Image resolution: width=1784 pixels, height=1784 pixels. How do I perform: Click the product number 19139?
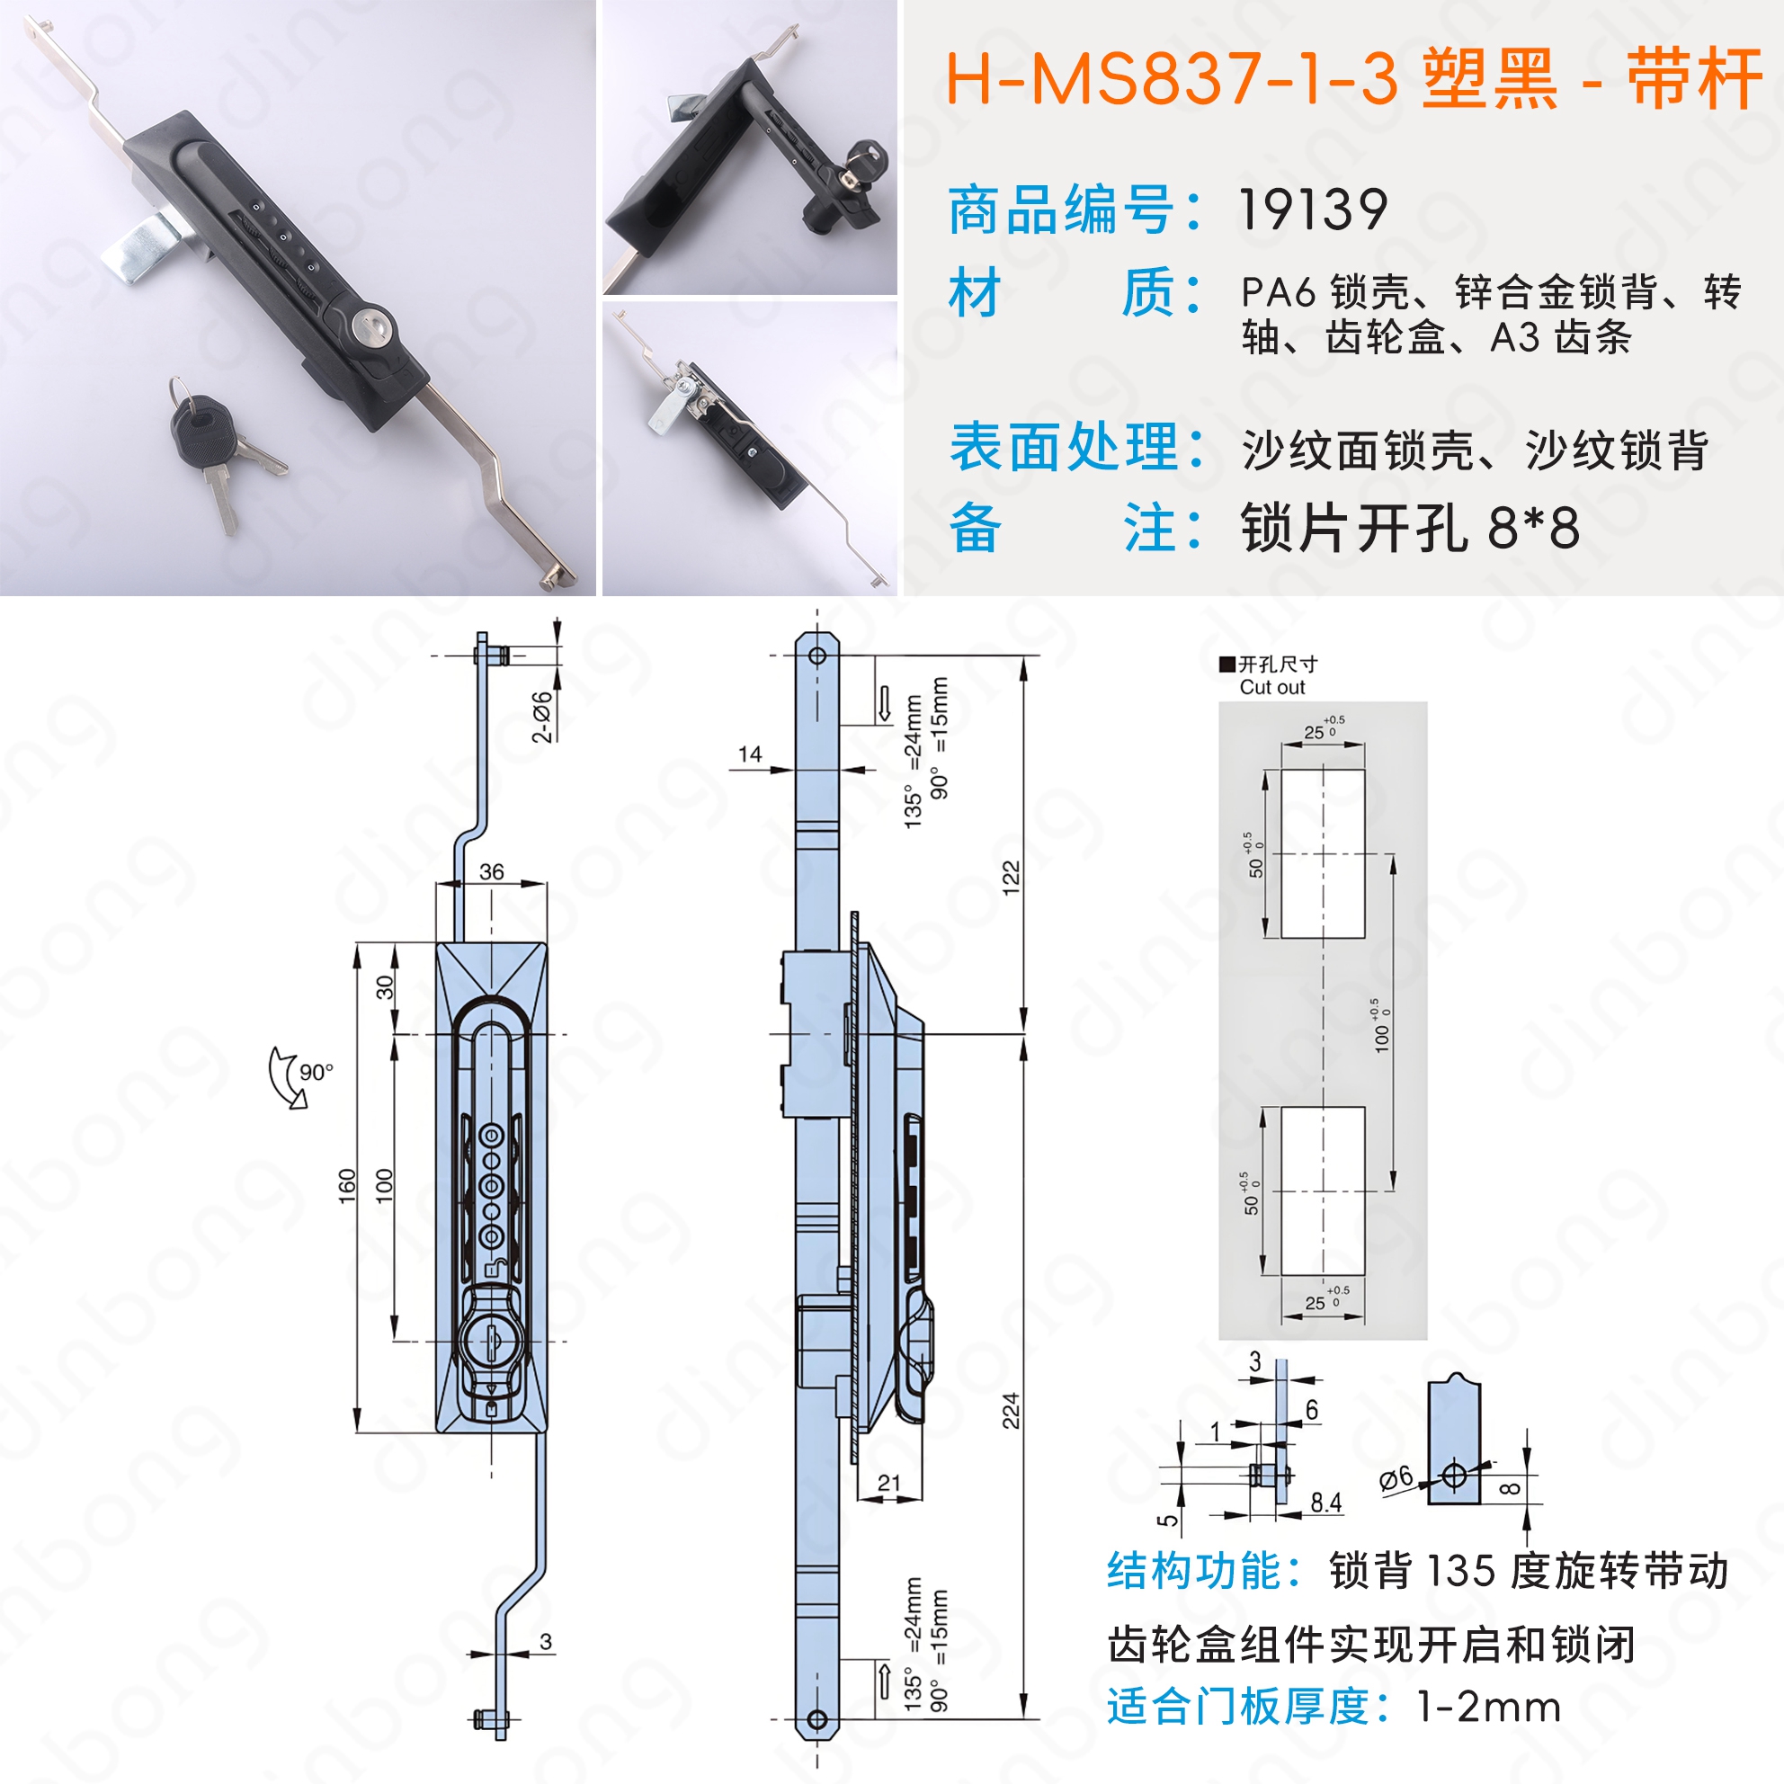[x=1312, y=210]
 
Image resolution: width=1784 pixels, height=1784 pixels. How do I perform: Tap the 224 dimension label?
[x=1011, y=1412]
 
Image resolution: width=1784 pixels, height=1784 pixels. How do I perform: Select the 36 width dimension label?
[x=492, y=871]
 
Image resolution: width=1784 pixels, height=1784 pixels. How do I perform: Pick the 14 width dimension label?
[x=750, y=754]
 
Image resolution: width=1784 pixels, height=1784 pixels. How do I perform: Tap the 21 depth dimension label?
[x=889, y=1483]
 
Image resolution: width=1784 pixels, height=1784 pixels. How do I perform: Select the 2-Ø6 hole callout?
[x=542, y=717]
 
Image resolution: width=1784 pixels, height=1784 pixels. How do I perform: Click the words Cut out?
[x=1271, y=687]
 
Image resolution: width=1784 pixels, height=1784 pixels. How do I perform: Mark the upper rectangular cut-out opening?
[x=1323, y=853]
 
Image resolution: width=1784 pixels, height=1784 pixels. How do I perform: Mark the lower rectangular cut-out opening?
[x=1323, y=1191]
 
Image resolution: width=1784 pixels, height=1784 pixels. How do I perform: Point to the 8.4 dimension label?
[x=1326, y=1503]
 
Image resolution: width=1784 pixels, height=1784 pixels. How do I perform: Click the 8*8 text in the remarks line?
[x=1533, y=528]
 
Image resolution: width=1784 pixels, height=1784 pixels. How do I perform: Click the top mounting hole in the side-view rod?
[x=817, y=656]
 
